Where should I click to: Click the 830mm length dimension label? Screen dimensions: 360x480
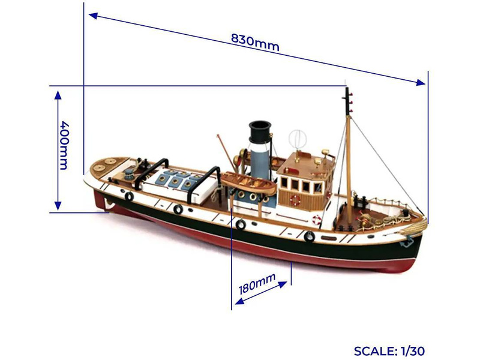pyautogui.click(x=256, y=41)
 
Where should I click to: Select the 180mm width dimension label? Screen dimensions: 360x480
pyautogui.click(x=257, y=283)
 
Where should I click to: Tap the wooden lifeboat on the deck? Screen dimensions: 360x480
pyautogui.click(x=248, y=182)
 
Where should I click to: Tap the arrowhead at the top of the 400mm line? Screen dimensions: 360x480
pyautogui.click(x=58, y=95)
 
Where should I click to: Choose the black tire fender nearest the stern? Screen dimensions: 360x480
pyautogui.click(x=128, y=196)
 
